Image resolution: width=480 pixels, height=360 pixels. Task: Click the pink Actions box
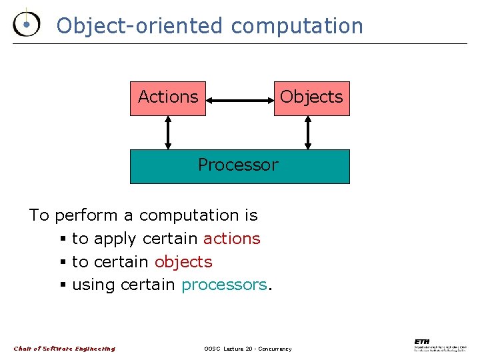168,97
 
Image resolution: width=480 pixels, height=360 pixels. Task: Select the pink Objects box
311,97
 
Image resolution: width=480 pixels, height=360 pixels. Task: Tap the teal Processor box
239,165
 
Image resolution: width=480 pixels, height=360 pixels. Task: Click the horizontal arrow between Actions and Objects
240,101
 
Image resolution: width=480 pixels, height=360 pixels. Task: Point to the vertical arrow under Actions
168,133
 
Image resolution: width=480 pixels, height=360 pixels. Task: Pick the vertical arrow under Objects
307,133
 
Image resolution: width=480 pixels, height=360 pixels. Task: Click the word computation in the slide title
297,26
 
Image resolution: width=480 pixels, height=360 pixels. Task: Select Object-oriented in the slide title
140,26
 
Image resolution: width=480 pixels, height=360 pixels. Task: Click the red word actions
231,239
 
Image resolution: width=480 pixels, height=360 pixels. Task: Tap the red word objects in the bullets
183,262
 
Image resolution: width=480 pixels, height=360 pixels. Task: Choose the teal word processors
224,285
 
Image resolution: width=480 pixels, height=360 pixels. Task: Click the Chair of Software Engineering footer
64,349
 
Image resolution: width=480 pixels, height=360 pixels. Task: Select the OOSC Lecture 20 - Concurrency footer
247,349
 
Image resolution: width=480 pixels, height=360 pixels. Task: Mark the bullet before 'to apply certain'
62,239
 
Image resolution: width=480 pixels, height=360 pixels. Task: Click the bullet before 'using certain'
62,286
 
